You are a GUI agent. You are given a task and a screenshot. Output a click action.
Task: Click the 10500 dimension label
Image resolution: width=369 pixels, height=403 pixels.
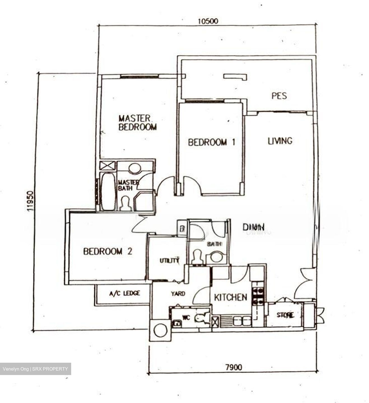pos(207,21)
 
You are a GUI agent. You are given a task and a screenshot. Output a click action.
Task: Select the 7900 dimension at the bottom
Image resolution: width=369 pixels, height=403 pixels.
pos(233,367)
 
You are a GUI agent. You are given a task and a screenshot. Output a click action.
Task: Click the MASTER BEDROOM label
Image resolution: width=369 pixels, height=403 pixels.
pos(137,123)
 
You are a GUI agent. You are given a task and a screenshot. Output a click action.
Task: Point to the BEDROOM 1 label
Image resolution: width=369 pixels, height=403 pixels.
pos(211,142)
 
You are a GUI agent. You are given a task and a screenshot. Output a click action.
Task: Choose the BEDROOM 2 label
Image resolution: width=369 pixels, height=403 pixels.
pos(108,251)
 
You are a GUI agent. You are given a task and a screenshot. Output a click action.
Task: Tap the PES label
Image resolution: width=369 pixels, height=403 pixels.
pos(279,96)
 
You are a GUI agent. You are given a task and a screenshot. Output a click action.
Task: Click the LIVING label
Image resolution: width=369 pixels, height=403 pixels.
pos(280,141)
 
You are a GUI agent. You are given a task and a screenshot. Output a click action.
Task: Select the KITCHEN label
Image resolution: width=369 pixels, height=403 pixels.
pos(230,297)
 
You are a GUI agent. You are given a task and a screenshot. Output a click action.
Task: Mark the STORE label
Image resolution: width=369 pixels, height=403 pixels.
pos(285,315)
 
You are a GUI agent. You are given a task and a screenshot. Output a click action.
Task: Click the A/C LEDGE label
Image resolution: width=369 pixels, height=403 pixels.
pos(124,293)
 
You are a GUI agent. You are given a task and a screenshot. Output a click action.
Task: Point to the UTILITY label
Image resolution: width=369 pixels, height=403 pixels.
pos(169,261)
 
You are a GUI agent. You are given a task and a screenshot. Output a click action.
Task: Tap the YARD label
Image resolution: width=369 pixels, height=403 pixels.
pos(178,294)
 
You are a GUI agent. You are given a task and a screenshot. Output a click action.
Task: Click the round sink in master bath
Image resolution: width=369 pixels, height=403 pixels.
pos(134,168)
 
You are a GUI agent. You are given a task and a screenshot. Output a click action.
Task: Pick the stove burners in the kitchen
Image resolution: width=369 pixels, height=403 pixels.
pos(257,297)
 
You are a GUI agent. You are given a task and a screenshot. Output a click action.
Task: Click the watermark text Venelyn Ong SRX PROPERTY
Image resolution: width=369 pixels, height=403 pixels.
pos(35,369)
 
